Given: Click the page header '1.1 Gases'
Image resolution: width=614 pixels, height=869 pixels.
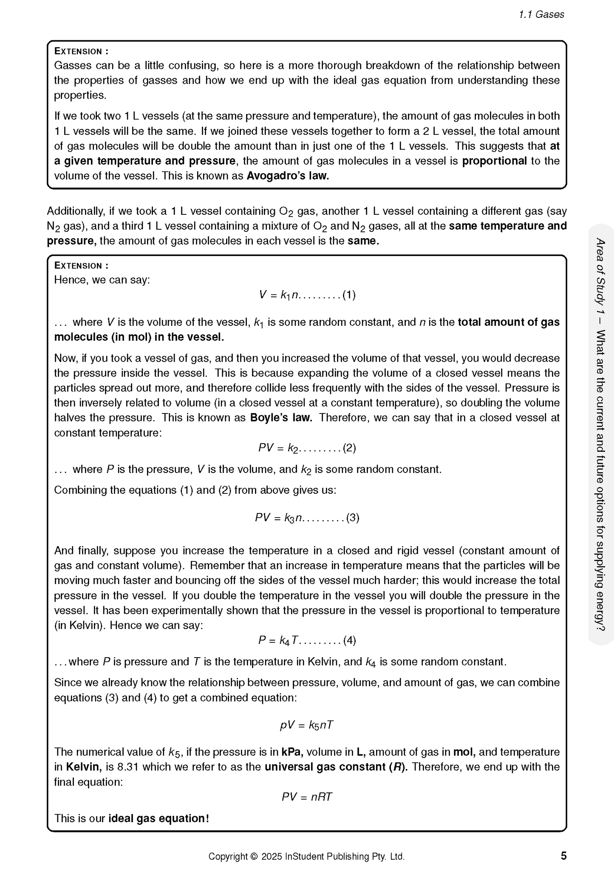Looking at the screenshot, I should (541, 14).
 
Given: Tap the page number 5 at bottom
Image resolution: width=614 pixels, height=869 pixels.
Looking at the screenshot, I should (563, 855).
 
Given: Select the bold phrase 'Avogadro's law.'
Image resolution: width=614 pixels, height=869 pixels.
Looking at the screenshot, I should (288, 176).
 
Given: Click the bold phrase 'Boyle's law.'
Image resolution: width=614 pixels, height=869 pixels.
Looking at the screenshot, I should (281, 417).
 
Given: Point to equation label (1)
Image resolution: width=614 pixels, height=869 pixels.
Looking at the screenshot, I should (349, 295).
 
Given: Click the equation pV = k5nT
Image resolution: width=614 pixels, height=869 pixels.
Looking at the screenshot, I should (307, 725).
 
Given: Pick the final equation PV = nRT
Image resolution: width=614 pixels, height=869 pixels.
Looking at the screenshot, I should (307, 797).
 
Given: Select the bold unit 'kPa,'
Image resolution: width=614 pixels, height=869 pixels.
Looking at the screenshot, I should (292, 752).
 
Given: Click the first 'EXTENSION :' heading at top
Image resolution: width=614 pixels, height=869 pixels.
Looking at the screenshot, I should (81, 51).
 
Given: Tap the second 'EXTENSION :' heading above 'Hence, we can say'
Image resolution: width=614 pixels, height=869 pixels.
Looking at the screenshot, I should (81, 266).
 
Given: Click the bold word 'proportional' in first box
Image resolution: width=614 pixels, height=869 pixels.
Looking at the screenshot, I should (494, 161).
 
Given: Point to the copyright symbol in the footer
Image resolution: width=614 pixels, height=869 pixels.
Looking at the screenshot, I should (254, 856).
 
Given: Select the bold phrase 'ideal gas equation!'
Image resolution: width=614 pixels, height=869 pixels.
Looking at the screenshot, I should (159, 818).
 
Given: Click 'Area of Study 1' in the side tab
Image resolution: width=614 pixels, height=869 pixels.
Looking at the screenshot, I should (600, 276).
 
